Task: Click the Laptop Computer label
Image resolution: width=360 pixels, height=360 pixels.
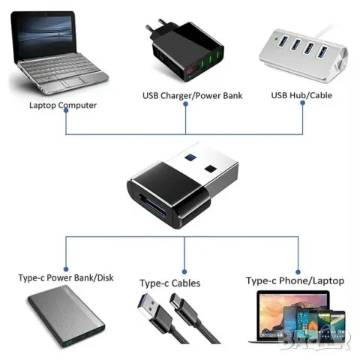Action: pyautogui.click(x=63, y=105)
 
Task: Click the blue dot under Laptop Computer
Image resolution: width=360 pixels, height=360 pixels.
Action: pyautogui.click(x=66, y=111)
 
